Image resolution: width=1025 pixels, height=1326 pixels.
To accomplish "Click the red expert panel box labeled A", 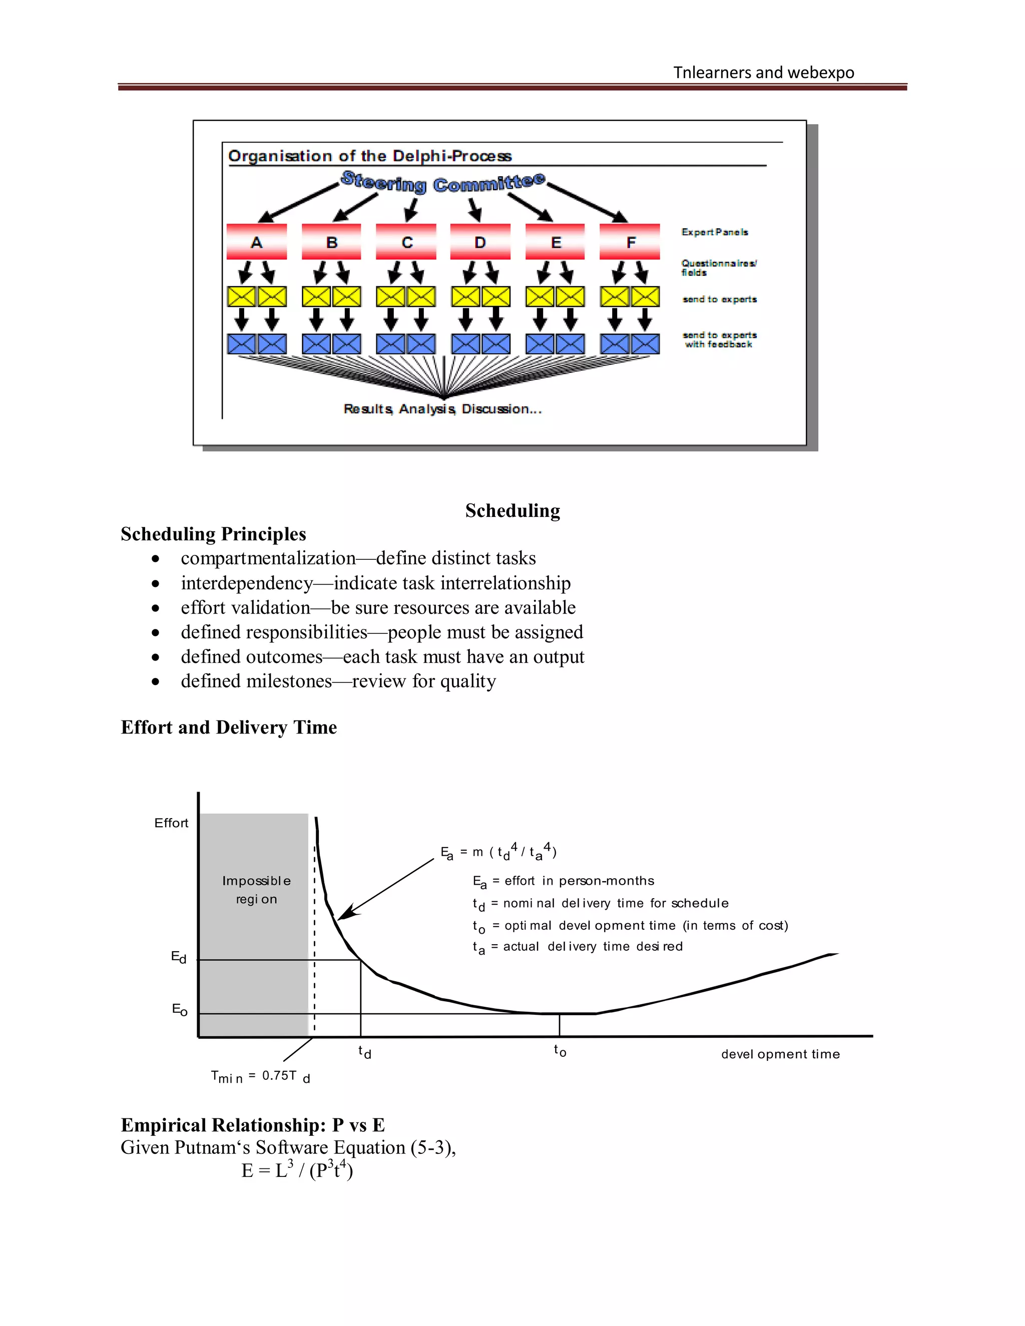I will click(256, 242).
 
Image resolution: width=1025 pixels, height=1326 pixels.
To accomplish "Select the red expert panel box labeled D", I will click(479, 242).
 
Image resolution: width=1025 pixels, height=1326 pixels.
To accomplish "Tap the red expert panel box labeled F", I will click(630, 242).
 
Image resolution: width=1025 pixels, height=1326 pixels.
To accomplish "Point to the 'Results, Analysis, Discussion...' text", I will click(442, 409).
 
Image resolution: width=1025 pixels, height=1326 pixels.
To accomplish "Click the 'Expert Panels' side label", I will click(714, 232).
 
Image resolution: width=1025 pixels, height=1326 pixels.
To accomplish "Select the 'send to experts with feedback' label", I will click(719, 339).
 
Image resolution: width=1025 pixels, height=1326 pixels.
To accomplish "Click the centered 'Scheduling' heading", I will click(512, 510).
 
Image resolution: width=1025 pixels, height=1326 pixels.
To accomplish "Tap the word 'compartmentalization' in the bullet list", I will click(268, 558).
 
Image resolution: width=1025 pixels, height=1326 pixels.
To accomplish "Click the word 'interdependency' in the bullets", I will click(247, 583).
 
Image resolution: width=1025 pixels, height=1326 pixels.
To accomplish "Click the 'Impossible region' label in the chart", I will click(256, 890).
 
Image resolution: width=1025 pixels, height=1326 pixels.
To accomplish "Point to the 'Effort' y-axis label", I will click(171, 823).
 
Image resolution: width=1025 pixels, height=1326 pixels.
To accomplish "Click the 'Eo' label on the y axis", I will click(179, 1010).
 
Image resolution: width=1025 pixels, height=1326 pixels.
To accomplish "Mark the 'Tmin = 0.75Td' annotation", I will click(260, 1076).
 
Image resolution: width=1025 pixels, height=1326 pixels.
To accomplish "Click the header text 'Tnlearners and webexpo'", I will click(763, 72).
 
